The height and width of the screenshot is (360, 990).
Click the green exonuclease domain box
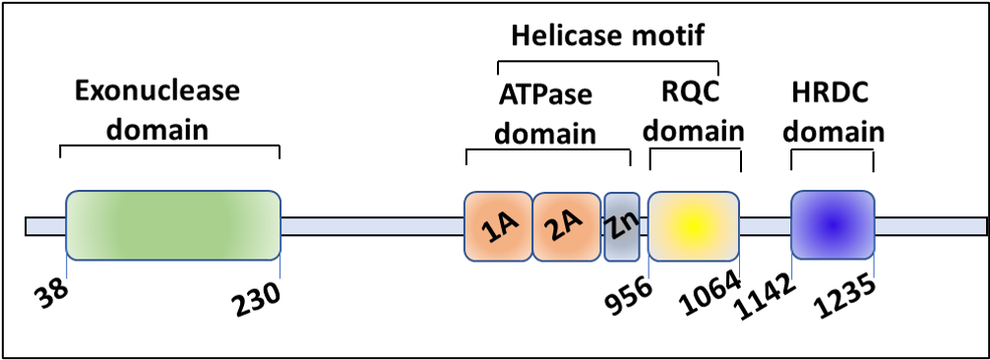pyautogui.click(x=173, y=225)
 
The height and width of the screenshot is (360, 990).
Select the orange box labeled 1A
pyautogui.click(x=497, y=226)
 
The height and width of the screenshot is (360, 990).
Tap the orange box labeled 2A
pyautogui.click(x=566, y=226)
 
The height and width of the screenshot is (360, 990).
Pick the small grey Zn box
pyautogui.click(x=621, y=226)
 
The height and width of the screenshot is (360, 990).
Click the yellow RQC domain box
pyautogui.click(x=693, y=225)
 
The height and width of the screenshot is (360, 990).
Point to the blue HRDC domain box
pyautogui.click(x=833, y=225)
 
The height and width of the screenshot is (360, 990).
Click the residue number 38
pyautogui.click(x=55, y=290)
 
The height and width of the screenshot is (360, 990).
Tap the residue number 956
pyautogui.click(x=629, y=290)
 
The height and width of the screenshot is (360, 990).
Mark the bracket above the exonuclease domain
pyautogui.click(x=169, y=148)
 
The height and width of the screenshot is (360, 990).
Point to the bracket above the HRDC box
pyautogui.click(x=833, y=151)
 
